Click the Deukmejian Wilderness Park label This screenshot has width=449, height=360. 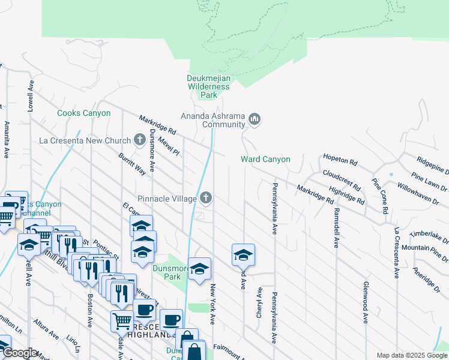(208, 86)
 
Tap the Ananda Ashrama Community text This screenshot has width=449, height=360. (214, 120)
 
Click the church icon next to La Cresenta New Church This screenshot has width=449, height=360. (140, 141)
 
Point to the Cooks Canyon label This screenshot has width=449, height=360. (83, 113)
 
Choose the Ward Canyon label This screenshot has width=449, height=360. (265, 159)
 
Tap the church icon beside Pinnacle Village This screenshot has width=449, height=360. (206, 197)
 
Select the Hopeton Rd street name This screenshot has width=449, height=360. (340, 163)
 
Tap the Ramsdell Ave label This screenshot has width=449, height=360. (337, 228)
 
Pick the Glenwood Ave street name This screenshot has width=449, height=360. (365, 302)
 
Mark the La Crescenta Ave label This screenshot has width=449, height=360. (396, 253)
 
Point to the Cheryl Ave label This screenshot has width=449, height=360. (259, 304)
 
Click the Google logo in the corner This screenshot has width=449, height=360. (19, 353)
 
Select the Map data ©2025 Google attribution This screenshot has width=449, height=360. (411, 355)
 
